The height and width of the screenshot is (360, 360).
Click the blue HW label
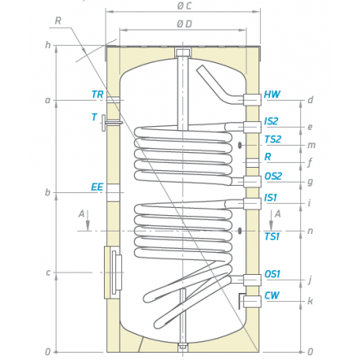tap(272, 94)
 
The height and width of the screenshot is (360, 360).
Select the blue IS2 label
tap(271, 121)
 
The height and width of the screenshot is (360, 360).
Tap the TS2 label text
tap(272, 139)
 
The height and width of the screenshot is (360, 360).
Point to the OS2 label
tap(273, 176)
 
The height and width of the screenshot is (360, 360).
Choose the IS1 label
tap(270, 197)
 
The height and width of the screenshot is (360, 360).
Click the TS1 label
tap(272, 236)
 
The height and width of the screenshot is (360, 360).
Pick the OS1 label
tap(272, 274)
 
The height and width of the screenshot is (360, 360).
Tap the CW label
tap(272, 295)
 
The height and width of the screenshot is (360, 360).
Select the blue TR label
tap(97, 94)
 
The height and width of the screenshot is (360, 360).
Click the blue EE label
tap(97, 187)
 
